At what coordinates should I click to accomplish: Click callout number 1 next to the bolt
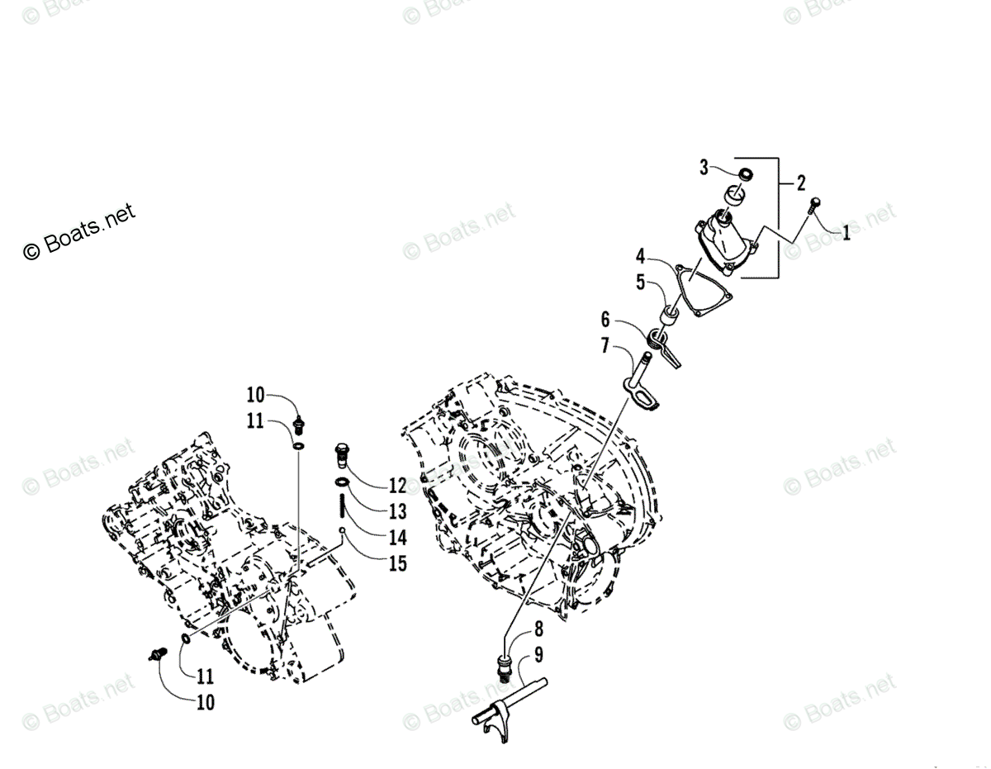coord(845,234)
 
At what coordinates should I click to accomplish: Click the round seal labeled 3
coord(746,175)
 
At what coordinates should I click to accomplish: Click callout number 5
coord(641,281)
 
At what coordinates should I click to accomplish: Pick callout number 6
coord(605,319)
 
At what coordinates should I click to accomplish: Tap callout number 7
coord(606,344)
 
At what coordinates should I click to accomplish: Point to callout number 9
coord(538,657)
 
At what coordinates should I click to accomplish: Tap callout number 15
coord(397,563)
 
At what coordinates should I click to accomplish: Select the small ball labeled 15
coord(341,531)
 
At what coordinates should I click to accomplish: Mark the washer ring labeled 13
coord(341,482)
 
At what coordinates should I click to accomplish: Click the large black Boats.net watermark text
coord(79,232)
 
